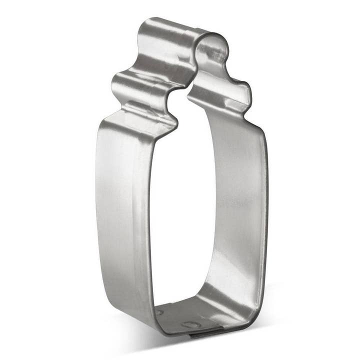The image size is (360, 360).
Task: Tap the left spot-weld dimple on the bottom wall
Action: point(159,311)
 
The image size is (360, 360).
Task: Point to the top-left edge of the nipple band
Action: point(145,25)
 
